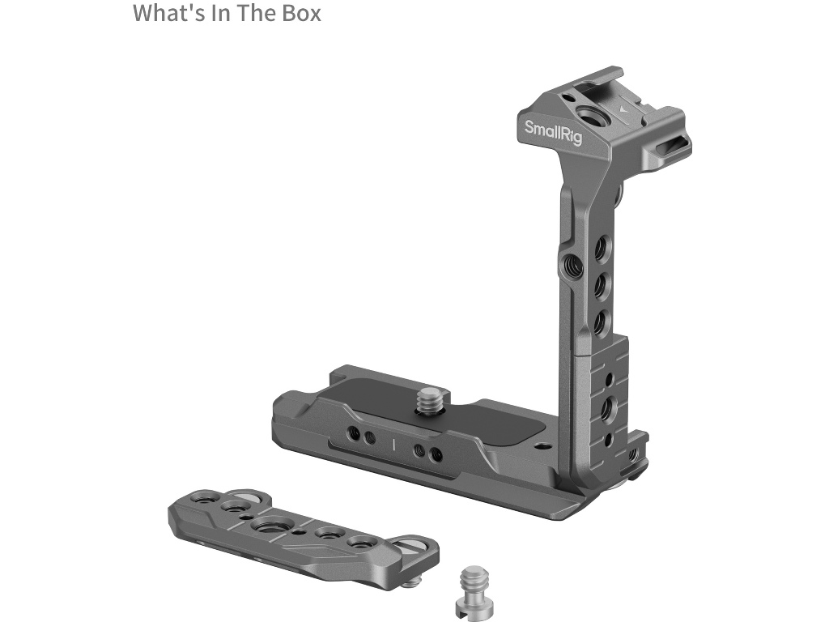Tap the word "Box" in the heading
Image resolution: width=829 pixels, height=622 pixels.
tap(301, 13)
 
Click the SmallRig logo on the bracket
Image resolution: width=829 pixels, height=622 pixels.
tap(553, 132)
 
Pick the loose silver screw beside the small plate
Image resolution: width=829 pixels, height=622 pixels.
tap(473, 590)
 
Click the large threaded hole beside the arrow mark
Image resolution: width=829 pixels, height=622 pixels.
tap(588, 115)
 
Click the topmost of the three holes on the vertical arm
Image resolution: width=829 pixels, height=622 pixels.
tap(602, 248)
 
